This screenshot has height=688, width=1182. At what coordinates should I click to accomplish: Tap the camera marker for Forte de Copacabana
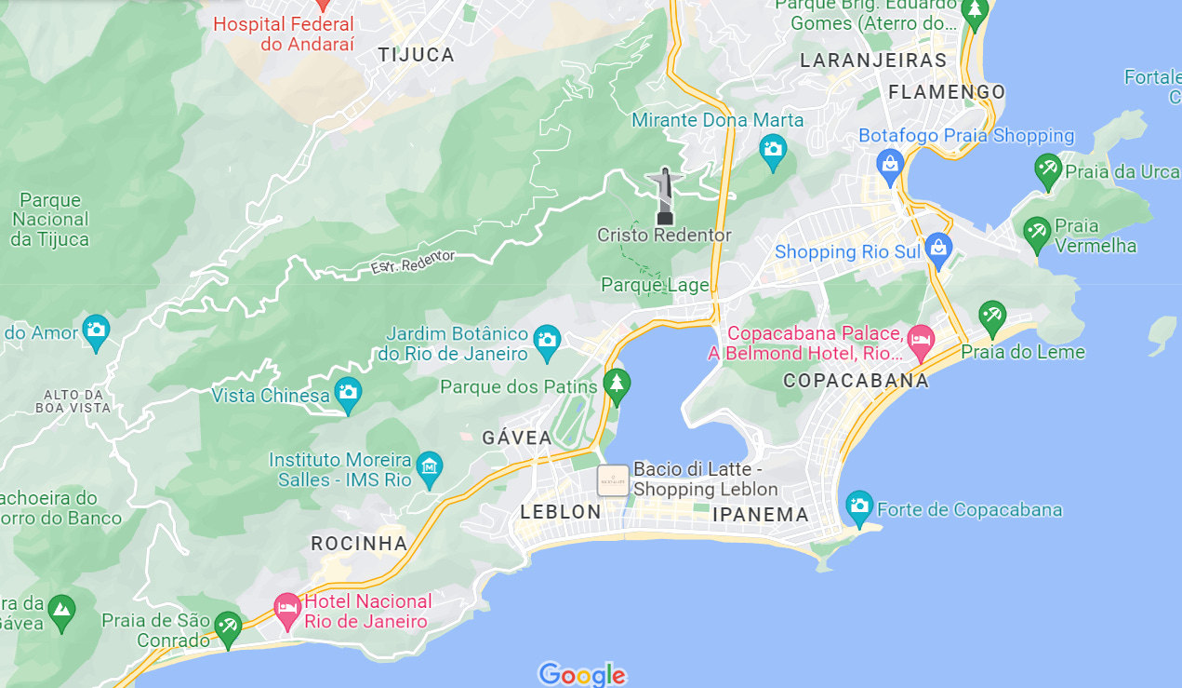(859, 506)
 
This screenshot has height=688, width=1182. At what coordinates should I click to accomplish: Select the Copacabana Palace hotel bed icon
(921, 342)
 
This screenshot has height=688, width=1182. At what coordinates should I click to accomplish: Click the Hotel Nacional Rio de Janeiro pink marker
(287, 610)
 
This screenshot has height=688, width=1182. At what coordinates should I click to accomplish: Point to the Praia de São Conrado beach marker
(228, 627)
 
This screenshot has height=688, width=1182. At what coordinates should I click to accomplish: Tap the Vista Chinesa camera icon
(349, 394)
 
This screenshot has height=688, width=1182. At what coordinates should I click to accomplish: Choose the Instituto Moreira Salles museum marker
(429, 466)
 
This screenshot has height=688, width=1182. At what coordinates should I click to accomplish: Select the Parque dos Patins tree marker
(616, 384)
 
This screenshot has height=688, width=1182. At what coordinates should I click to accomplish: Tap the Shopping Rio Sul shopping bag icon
(938, 250)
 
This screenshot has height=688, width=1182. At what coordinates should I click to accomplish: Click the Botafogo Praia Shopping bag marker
(890, 166)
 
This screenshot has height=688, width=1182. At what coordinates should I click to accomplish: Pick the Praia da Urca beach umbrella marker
(1048, 170)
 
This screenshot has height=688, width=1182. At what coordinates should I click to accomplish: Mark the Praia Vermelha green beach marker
(1037, 233)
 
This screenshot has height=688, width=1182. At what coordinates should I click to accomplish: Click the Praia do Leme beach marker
(992, 317)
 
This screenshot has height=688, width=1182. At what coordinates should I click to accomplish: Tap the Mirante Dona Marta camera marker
(772, 151)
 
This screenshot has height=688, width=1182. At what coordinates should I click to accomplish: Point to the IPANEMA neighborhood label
(761, 515)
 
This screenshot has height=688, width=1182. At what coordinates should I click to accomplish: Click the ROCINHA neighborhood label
(359, 544)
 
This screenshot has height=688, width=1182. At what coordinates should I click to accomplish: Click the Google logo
(582, 674)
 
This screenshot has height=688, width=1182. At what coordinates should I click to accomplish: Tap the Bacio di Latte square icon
(613, 480)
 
